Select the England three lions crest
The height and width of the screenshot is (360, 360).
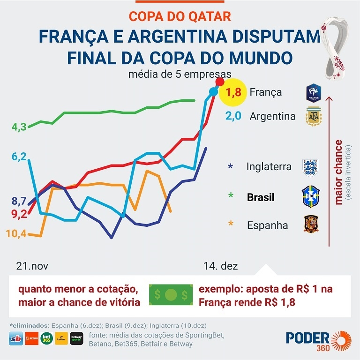tap(311, 167)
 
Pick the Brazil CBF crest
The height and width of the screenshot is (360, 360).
tap(311, 196)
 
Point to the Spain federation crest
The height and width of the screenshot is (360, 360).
tap(311, 224)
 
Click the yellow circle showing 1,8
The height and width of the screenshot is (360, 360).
tap(233, 92)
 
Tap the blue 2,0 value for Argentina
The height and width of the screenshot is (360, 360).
tap(233, 116)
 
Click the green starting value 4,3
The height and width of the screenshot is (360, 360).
tap(19, 127)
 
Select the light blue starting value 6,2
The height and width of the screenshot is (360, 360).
tap(19, 157)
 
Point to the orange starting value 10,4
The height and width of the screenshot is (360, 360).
tap(16, 233)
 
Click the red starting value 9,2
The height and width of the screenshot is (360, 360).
tap(19, 214)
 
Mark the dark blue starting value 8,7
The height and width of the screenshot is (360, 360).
tap(19, 202)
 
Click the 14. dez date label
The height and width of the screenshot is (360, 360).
tap(220, 266)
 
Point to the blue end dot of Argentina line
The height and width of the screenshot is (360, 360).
tap(213, 91)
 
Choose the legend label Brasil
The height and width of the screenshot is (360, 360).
tap(261, 197)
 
